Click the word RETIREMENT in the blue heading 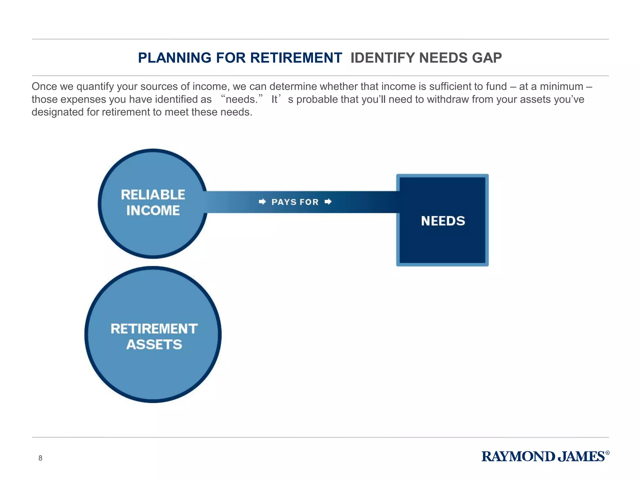click(296, 58)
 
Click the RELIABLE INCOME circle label click(153, 202)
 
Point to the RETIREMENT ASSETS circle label click(154, 337)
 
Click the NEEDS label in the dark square click(443, 221)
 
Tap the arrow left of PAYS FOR click(262, 202)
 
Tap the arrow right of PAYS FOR click(328, 202)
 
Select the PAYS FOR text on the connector click(295, 202)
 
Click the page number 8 click(40, 458)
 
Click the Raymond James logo click(543, 457)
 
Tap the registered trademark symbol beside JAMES click(607, 453)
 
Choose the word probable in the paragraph click(317, 99)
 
